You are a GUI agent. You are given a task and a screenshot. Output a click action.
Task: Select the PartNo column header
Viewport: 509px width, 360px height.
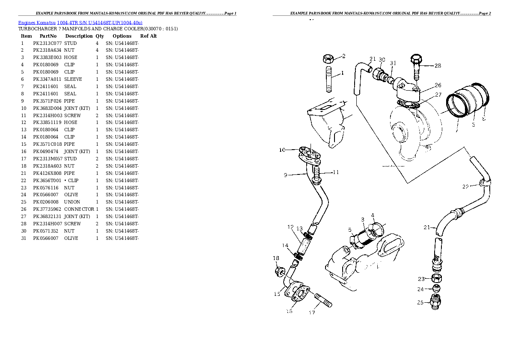48,36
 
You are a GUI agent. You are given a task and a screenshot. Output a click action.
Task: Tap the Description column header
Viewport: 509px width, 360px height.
79,36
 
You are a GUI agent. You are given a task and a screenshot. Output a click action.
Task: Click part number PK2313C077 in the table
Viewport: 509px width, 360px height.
47,43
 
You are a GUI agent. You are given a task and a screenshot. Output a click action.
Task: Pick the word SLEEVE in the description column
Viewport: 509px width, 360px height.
73,80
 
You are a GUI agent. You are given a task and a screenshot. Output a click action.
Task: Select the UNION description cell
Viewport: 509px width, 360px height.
72,202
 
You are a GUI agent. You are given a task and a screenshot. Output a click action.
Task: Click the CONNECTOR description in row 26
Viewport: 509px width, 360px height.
79,209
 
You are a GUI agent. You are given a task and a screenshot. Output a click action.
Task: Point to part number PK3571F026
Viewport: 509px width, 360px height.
47,101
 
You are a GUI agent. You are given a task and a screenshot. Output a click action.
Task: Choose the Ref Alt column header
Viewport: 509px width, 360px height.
148,36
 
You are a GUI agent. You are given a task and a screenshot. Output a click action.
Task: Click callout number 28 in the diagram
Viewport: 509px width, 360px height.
437,66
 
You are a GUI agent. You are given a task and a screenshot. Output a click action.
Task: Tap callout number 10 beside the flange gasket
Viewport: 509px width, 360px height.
282,150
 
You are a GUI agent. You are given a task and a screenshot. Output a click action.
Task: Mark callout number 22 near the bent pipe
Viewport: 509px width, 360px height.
466,186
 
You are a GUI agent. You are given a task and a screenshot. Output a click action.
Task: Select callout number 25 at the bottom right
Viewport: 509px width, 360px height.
420,302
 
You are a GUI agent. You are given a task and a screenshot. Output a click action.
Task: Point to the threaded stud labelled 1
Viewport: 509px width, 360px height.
329,79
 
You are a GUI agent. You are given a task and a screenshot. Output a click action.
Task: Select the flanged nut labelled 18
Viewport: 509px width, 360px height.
278,271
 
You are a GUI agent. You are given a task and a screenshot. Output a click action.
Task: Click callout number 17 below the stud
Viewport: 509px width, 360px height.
312,313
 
